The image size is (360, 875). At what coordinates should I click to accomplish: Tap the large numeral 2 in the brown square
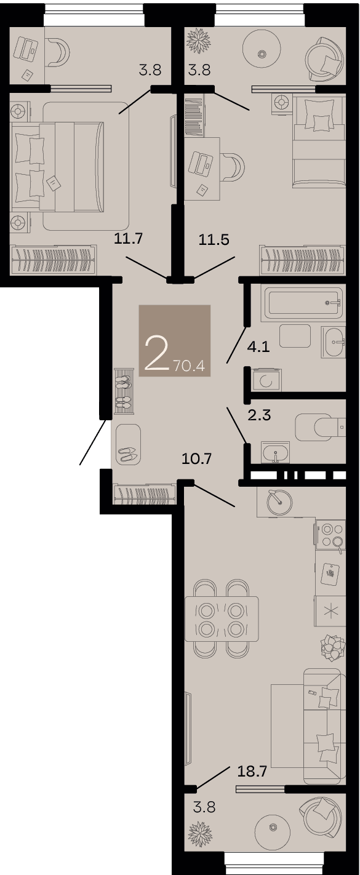pyautogui.click(x=156, y=354)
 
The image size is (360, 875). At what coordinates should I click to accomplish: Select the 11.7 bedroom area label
pyautogui.click(x=129, y=238)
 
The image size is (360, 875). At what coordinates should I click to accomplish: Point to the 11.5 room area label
pyautogui.click(x=214, y=239)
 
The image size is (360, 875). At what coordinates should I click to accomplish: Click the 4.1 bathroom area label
pyautogui.click(x=258, y=346)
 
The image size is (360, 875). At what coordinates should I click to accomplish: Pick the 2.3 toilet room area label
pyautogui.click(x=259, y=415)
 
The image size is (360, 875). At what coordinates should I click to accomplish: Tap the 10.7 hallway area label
pyautogui.click(x=197, y=458)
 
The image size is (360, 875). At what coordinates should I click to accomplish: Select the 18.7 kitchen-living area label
pyautogui.click(x=252, y=772)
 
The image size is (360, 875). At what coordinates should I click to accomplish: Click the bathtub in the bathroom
pyautogui.click(x=304, y=303)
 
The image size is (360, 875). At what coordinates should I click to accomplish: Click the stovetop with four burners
pyautogui.click(x=331, y=535)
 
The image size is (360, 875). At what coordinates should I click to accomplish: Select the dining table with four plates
pyautogui.click(x=222, y=619)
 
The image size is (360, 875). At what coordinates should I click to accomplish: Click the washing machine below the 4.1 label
pyautogui.click(x=266, y=380)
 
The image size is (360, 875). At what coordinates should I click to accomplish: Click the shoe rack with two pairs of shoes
pyautogui.click(x=124, y=391)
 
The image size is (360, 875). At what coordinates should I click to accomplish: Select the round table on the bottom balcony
pyautogui.click(x=273, y=828)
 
